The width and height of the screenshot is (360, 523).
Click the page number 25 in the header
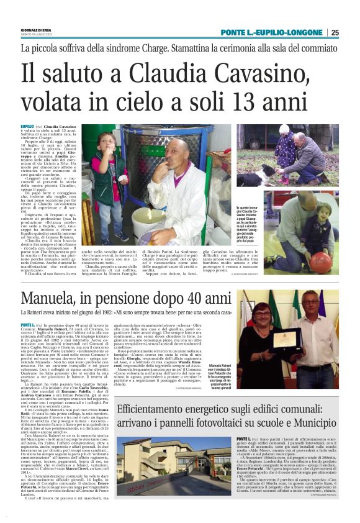(x=352, y=32)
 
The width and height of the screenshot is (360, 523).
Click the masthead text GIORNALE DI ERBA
(x=35, y=30)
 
